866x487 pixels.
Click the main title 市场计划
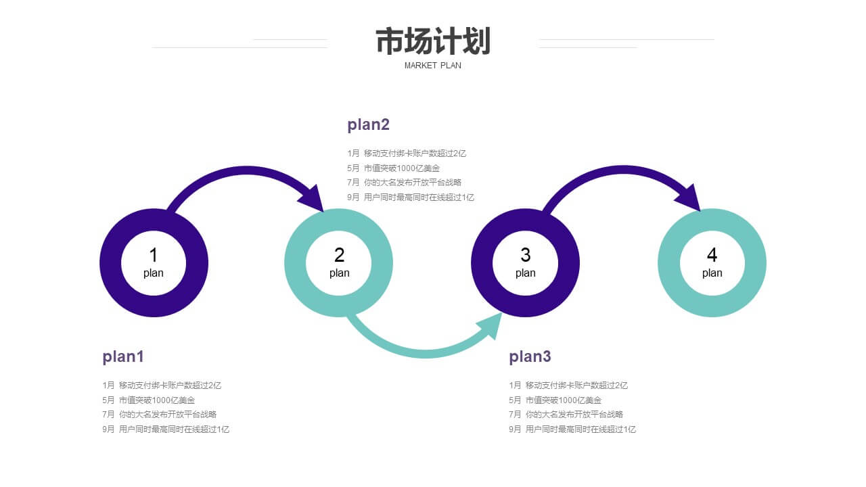click(x=433, y=41)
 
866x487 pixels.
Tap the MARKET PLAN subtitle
click(x=432, y=66)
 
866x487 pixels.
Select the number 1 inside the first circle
click(x=154, y=255)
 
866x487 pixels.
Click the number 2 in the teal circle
click(x=339, y=255)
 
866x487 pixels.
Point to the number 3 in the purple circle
click(x=526, y=255)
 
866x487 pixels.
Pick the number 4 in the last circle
click(x=712, y=255)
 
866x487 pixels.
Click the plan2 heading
click(x=368, y=125)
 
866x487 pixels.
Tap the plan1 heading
click(x=123, y=356)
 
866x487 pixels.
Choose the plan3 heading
click(x=530, y=356)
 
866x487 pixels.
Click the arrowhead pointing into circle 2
click(x=313, y=200)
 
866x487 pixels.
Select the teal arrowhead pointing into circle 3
click(x=491, y=325)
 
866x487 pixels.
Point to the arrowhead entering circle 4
click(x=691, y=199)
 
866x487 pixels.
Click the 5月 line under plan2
click(x=393, y=168)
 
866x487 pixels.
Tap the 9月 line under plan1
click(x=166, y=430)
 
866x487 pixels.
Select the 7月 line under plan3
click(x=566, y=415)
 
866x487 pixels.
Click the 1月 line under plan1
click(x=162, y=386)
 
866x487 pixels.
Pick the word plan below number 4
click(x=712, y=273)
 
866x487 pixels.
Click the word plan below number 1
click(x=154, y=273)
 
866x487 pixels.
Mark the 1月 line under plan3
click(x=568, y=386)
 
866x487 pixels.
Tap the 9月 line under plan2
click(x=410, y=198)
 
